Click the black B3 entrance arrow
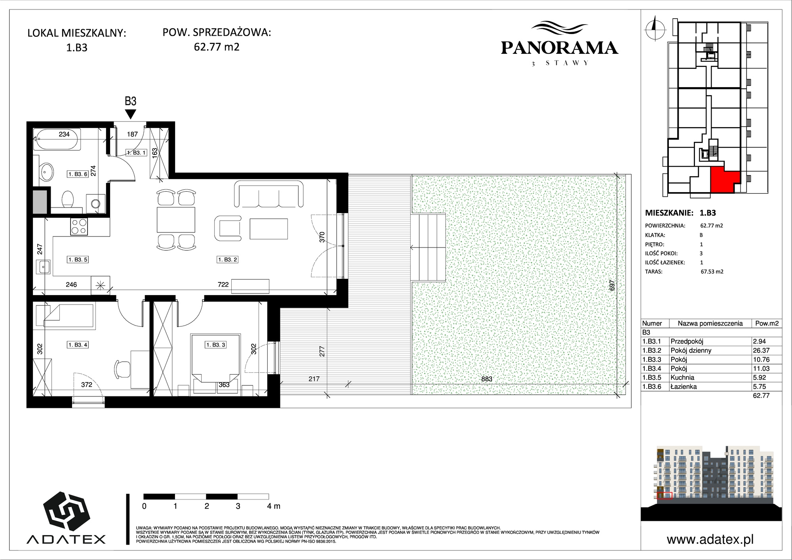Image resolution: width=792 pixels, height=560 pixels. (130, 114)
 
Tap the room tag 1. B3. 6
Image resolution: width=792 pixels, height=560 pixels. (78, 174)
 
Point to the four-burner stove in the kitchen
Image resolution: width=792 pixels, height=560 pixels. (79, 227)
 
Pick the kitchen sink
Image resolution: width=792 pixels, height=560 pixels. (43, 267)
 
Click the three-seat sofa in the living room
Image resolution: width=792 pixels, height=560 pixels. (269, 194)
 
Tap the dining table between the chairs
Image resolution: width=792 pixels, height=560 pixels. (176, 219)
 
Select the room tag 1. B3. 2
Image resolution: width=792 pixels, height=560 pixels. (228, 259)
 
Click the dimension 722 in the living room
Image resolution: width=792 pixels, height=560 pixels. (223, 284)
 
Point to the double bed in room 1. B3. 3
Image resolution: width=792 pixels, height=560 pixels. (216, 358)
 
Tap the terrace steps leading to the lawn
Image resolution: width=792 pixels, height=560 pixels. (428, 247)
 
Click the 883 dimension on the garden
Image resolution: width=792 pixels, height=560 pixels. (487, 379)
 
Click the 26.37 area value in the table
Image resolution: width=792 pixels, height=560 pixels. (761, 350)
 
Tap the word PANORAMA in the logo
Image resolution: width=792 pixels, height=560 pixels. (560, 48)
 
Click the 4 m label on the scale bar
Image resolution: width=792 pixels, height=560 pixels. (273, 506)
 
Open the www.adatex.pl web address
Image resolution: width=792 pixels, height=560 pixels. (710, 539)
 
